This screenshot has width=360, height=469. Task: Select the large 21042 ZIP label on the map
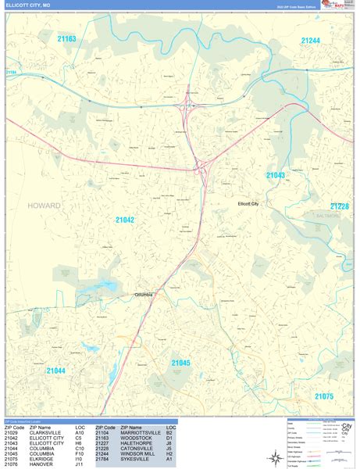(125, 220)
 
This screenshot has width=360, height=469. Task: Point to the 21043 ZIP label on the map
(275, 176)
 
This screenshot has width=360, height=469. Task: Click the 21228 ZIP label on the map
(340, 206)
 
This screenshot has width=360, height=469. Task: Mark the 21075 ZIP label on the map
(324, 396)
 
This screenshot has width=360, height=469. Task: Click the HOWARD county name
(44, 206)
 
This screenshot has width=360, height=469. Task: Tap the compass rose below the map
(275, 458)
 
